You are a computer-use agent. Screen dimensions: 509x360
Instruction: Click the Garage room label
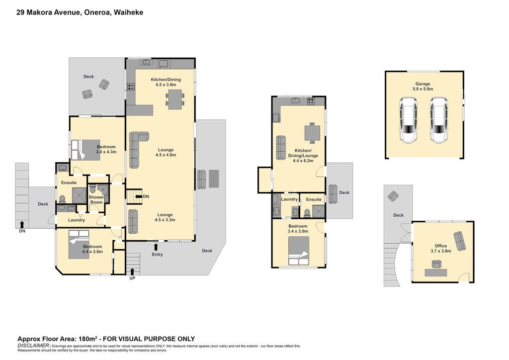(x=423, y=84)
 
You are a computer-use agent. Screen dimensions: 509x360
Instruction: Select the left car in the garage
(x=408, y=120)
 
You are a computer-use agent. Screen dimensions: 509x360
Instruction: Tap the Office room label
(x=441, y=246)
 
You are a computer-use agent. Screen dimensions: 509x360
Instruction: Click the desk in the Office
(x=435, y=272)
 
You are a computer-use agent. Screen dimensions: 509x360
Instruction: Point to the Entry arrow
(x=156, y=247)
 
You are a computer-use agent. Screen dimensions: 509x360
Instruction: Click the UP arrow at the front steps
(x=132, y=271)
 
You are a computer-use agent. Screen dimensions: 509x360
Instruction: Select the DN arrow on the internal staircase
(x=138, y=196)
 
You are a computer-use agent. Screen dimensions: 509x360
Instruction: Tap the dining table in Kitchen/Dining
(x=175, y=99)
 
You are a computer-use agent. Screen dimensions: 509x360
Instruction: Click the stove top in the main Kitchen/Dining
(x=131, y=87)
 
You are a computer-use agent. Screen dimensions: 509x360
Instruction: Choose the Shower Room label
(x=96, y=199)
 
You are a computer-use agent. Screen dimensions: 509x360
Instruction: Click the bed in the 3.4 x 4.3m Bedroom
(x=85, y=150)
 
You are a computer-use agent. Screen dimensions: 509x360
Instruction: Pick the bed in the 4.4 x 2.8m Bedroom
(x=79, y=245)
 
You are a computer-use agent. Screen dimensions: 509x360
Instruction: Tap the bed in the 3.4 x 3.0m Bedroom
(x=299, y=251)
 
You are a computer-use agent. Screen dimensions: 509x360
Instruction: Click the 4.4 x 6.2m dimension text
(x=303, y=161)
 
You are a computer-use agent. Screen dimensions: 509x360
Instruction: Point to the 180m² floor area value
(x=88, y=339)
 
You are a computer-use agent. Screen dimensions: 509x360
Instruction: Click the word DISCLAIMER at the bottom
(x=33, y=346)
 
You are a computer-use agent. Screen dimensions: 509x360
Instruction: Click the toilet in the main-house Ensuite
(x=62, y=199)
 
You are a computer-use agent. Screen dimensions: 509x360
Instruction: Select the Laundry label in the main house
(x=76, y=220)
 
